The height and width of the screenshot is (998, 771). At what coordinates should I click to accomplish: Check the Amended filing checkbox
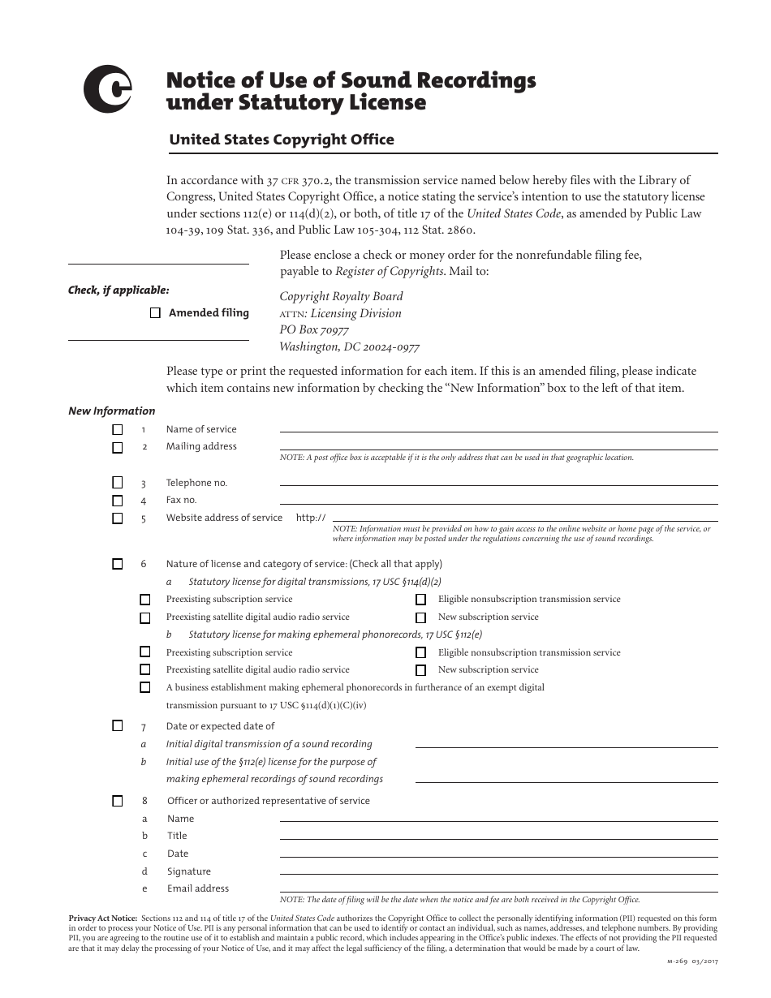click(155, 313)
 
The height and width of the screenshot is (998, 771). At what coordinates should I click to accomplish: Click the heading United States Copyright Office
click(281, 140)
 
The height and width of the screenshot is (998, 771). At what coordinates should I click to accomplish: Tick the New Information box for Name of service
click(118, 429)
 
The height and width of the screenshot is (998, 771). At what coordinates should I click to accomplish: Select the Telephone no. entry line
click(498, 482)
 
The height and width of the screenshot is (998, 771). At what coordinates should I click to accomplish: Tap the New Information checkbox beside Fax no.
click(118, 501)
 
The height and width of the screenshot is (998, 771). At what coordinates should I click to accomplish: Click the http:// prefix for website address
click(311, 518)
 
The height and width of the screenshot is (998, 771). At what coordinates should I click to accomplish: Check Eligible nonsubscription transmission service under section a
click(420, 600)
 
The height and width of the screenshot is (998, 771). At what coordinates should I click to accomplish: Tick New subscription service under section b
click(420, 670)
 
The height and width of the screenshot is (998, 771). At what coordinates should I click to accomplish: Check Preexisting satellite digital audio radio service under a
click(145, 617)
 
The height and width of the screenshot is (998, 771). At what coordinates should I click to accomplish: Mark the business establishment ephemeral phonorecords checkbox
click(145, 687)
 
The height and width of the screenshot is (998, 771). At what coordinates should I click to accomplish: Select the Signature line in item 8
click(498, 871)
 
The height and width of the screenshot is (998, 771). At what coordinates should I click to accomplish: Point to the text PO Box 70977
click(314, 330)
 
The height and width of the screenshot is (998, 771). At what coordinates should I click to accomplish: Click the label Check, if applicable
click(118, 290)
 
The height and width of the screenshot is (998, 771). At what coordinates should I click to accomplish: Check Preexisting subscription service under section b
click(145, 652)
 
